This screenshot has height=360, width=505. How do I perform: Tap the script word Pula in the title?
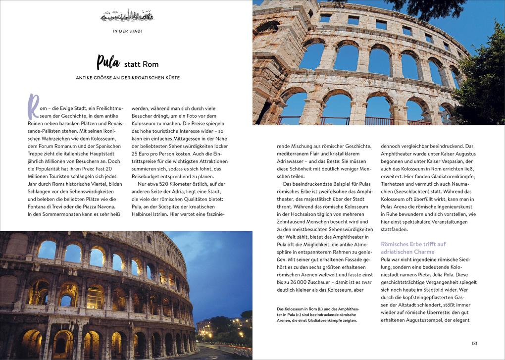tap(108, 62)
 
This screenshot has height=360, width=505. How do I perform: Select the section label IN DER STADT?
tap(127, 31)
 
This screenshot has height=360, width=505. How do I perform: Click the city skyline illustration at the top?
tap(127, 16)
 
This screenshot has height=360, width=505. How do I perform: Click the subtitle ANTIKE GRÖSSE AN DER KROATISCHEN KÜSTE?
tap(127, 78)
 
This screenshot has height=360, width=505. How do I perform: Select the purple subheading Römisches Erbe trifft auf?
tap(413, 244)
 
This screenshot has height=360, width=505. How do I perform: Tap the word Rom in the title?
tap(151, 64)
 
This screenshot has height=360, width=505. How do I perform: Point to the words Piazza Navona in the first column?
tap(99, 206)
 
